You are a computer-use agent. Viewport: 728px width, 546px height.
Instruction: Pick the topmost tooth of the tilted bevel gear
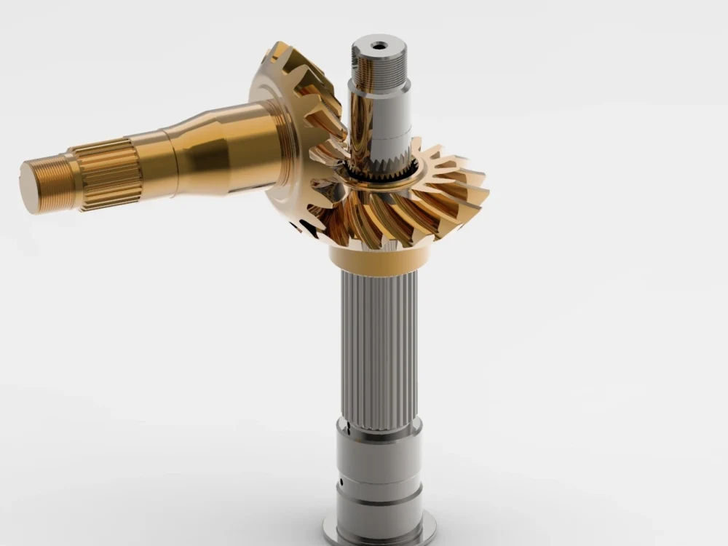point(280,51)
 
